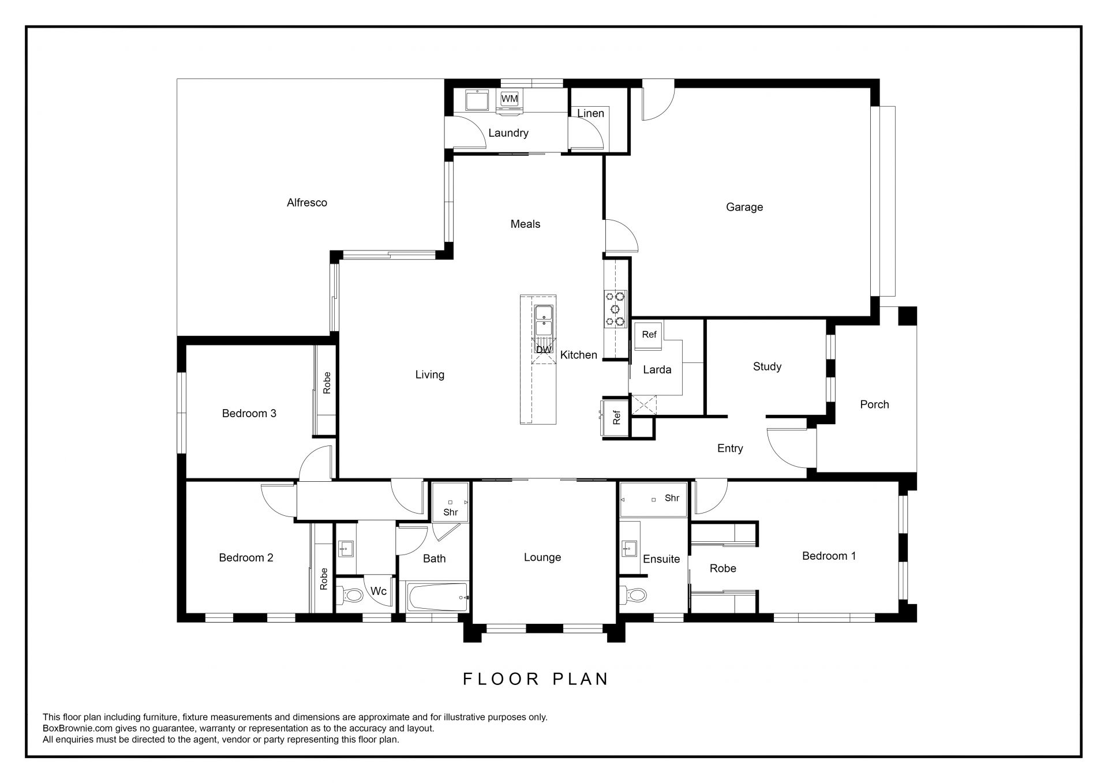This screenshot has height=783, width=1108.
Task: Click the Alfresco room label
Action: (x=307, y=203)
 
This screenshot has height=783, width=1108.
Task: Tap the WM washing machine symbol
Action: (x=510, y=99)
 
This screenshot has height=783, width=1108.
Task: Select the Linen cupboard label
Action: (x=590, y=113)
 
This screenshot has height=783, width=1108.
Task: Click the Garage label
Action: (x=744, y=207)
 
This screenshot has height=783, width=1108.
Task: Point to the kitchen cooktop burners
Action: (x=615, y=309)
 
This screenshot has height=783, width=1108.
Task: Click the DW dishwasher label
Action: (x=544, y=350)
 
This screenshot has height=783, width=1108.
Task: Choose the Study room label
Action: (x=767, y=367)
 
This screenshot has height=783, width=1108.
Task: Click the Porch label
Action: (x=874, y=404)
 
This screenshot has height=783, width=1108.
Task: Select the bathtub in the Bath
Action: (x=437, y=598)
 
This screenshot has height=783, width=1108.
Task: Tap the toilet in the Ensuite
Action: (x=634, y=594)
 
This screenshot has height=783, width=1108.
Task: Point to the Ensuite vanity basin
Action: (x=629, y=549)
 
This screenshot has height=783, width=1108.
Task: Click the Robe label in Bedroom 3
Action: (x=327, y=383)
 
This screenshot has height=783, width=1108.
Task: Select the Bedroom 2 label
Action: (x=246, y=557)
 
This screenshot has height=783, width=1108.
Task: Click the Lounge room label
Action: (x=542, y=557)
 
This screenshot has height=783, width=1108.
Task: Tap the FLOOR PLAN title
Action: (x=536, y=679)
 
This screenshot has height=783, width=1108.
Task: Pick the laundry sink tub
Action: (x=478, y=100)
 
